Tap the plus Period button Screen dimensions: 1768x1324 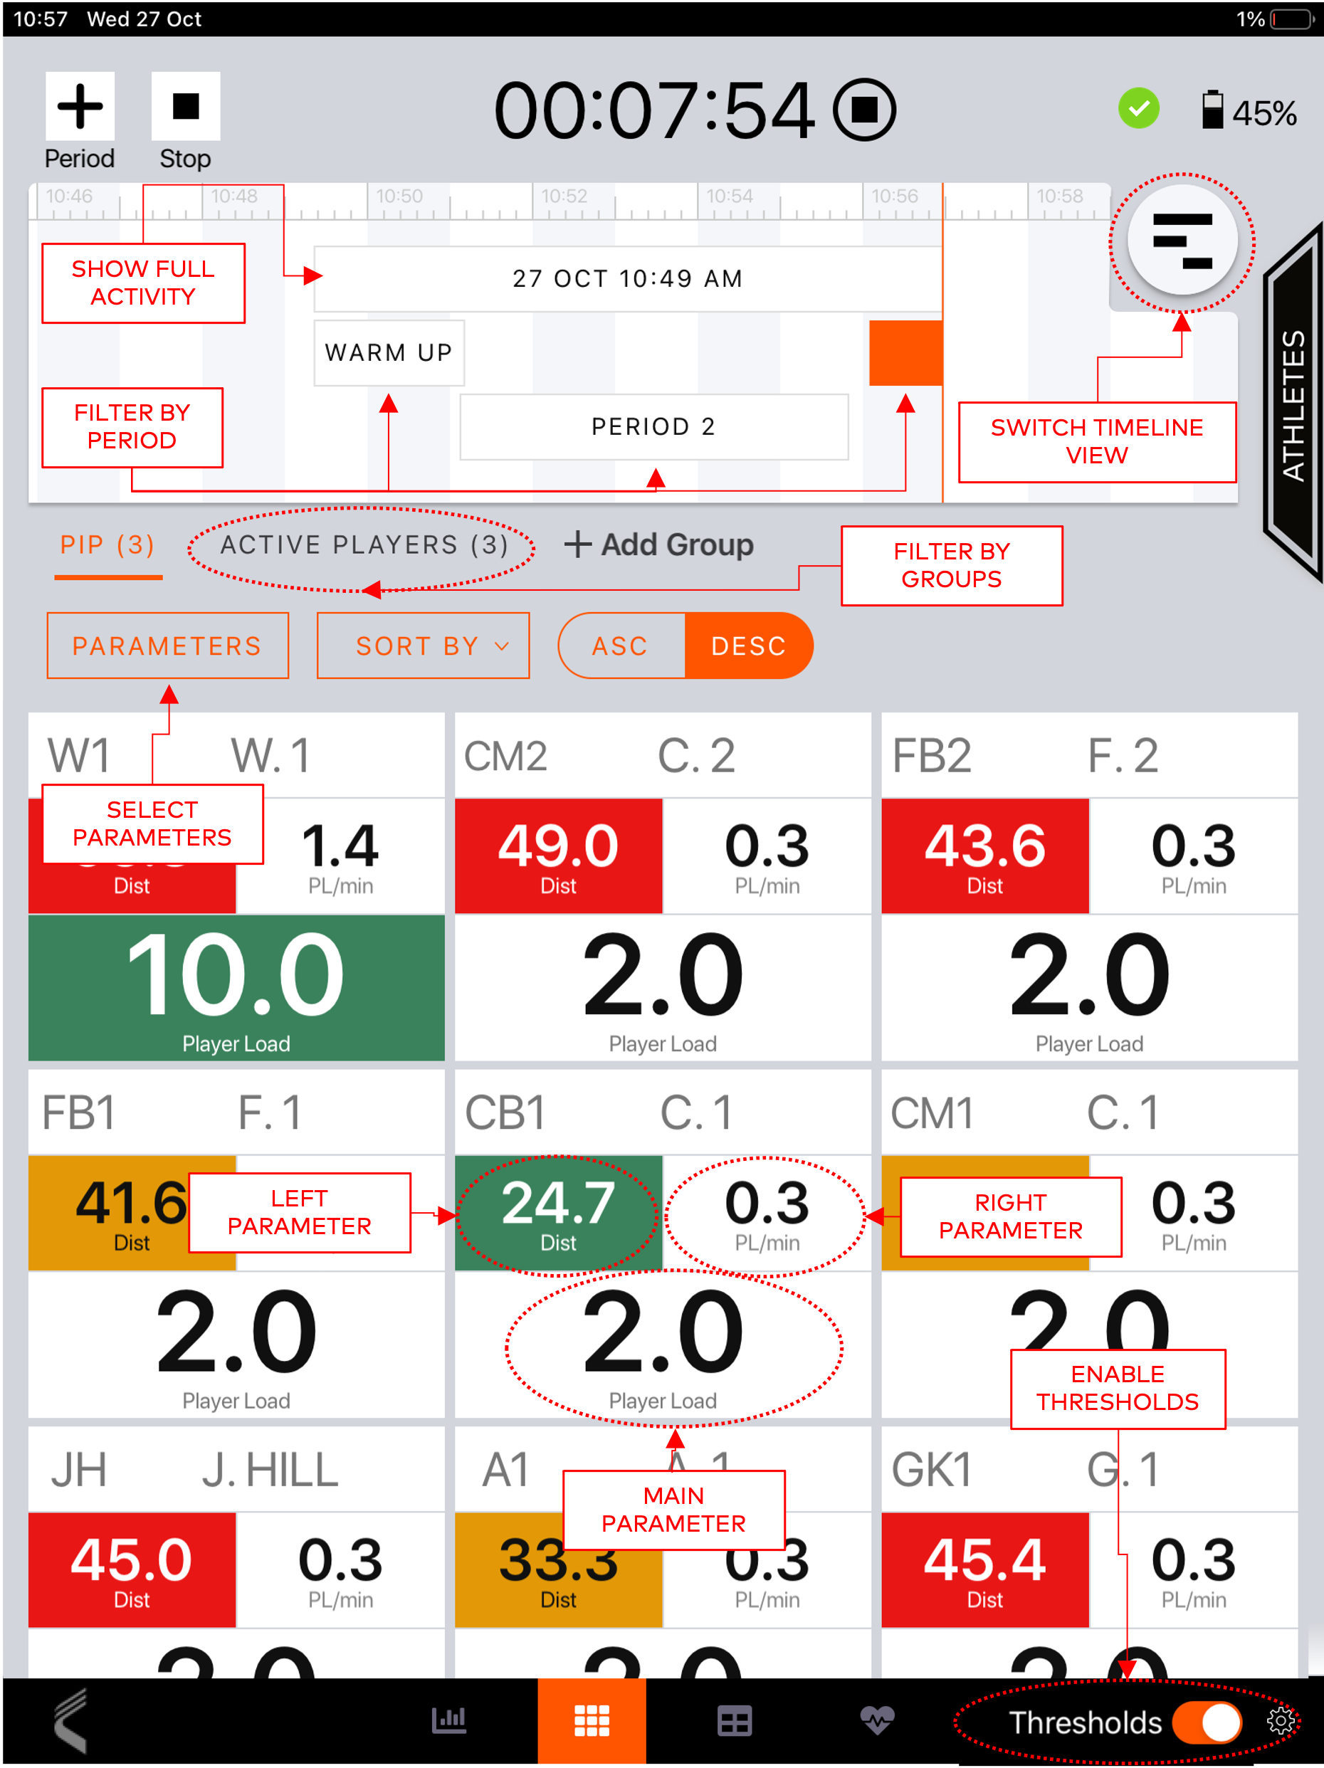pyautogui.click(x=79, y=107)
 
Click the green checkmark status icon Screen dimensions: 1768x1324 pyautogui.click(x=1138, y=108)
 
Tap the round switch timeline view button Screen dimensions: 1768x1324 pyautogui.click(x=1182, y=241)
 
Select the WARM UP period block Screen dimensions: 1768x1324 pyautogui.click(x=389, y=352)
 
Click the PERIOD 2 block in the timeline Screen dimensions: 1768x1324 pyautogui.click(x=653, y=427)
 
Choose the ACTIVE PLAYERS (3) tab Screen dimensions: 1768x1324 pyautogui.click(x=364, y=545)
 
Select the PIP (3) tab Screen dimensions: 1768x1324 pyautogui.click(x=108, y=546)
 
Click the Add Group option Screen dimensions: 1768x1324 pyautogui.click(x=659, y=545)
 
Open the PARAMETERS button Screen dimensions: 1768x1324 pyautogui.click(x=167, y=646)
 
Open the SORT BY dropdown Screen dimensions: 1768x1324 pyautogui.click(x=423, y=646)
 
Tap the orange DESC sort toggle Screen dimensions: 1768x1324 pyautogui.click(x=748, y=646)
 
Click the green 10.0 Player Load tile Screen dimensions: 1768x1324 pyautogui.click(x=236, y=987)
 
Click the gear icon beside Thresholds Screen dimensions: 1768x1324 pyautogui.click(x=1281, y=1721)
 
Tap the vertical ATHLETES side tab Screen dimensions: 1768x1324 pyautogui.click(x=1293, y=404)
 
